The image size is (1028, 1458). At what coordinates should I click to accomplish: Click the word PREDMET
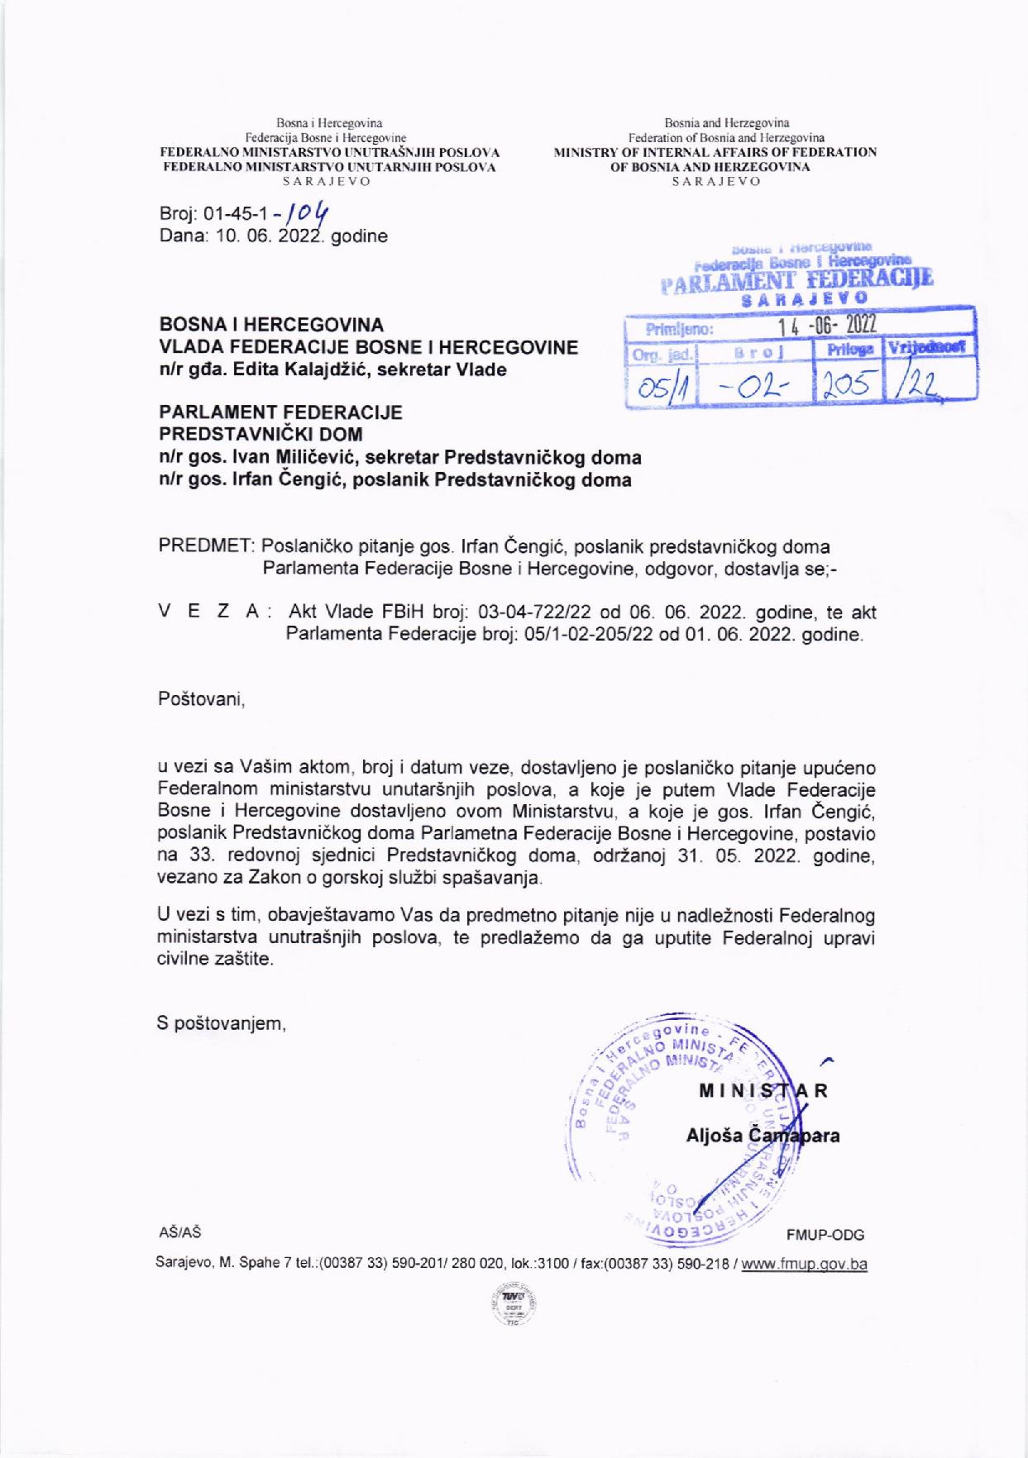click(206, 546)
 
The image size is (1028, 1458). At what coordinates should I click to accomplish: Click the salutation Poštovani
click(201, 699)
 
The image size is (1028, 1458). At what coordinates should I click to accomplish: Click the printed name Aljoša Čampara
click(763, 1136)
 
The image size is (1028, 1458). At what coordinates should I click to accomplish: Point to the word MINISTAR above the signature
click(763, 1090)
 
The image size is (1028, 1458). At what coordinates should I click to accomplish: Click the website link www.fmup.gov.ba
click(804, 1264)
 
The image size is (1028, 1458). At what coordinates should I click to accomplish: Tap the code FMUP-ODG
click(825, 1235)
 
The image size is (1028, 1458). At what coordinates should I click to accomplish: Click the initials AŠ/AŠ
click(179, 1232)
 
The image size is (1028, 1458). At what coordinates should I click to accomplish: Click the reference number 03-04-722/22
click(530, 612)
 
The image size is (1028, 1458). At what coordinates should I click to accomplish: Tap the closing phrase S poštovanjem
click(222, 1024)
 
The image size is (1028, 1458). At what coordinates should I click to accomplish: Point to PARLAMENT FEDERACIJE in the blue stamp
click(796, 279)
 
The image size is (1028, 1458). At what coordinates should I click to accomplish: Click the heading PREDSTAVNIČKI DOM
click(261, 434)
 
